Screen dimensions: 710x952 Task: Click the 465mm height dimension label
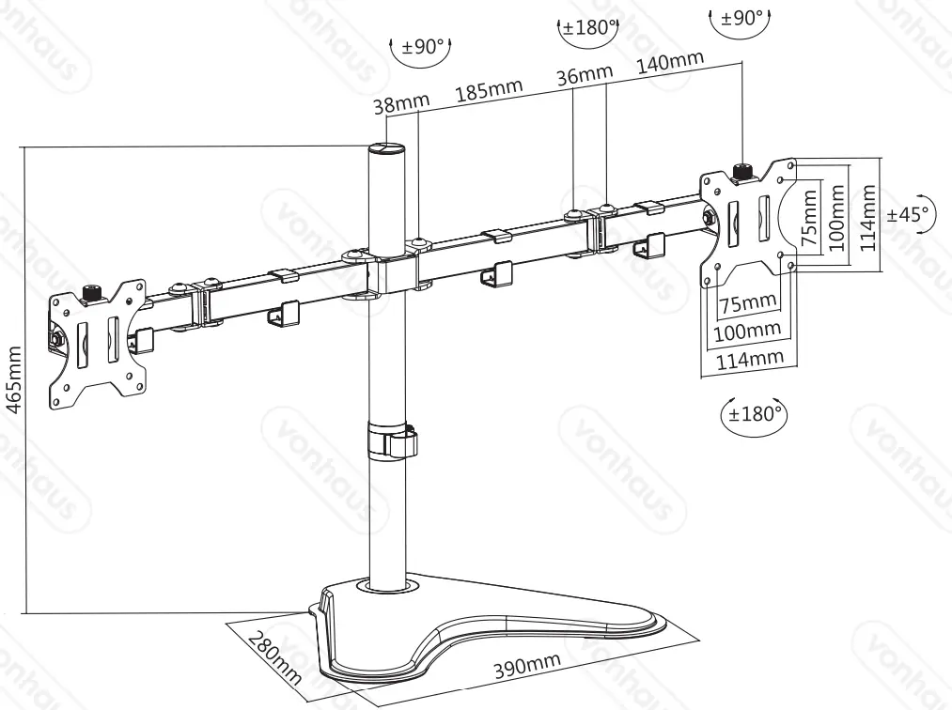point(12,379)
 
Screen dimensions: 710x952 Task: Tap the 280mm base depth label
point(274,658)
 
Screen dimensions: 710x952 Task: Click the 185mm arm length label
point(489,91)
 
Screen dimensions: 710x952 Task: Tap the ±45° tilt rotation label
point(911,214)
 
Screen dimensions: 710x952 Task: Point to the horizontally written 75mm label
point(748,302)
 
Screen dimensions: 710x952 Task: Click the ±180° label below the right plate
point(752,413)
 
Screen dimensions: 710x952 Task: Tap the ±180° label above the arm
point(587,26)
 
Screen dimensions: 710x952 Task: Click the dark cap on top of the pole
point(386,150)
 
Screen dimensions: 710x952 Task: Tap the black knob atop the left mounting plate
point(92,293)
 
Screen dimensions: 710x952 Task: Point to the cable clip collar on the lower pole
point(390,441)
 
